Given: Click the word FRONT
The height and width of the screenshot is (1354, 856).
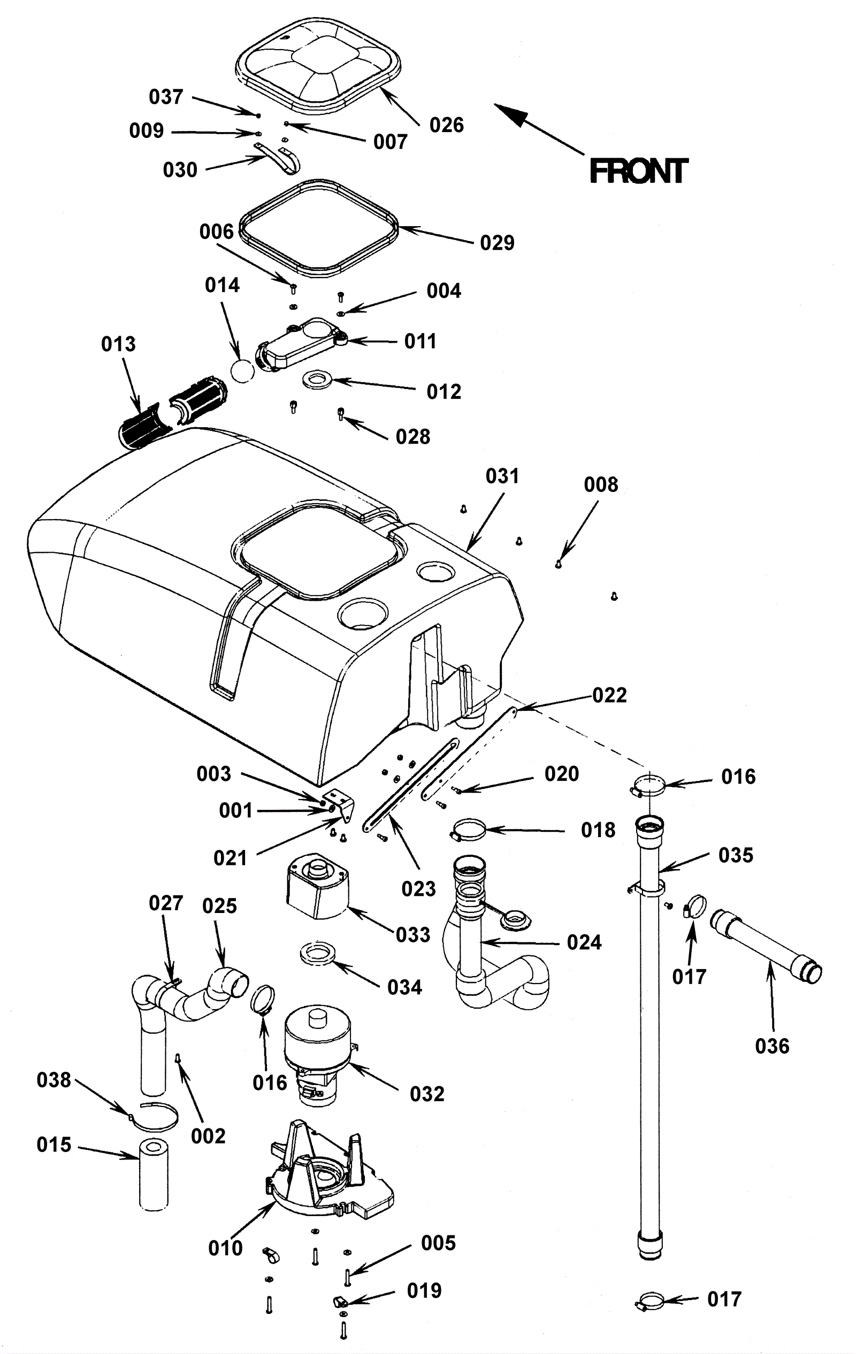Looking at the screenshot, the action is coord(638,171).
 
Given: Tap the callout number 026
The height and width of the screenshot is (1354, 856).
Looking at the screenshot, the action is coord(446,125).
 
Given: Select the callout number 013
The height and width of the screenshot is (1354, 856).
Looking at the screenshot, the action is coord(118,344).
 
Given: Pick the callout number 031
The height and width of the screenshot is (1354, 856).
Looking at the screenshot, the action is coord(502,476).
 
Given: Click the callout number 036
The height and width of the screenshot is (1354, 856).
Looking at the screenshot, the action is coord(772,1046).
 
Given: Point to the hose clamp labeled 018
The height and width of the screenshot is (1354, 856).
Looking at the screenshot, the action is coord(467,830).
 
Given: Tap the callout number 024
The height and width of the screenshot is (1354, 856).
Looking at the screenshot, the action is coord(584,942).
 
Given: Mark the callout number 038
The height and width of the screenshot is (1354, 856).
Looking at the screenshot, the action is coord(53,1080).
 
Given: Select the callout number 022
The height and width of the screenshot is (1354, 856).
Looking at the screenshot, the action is coord(609,695).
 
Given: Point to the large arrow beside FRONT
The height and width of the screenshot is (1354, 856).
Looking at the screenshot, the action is coord(539,129).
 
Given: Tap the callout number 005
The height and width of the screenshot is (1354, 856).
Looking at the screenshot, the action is coord(438,1243).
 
